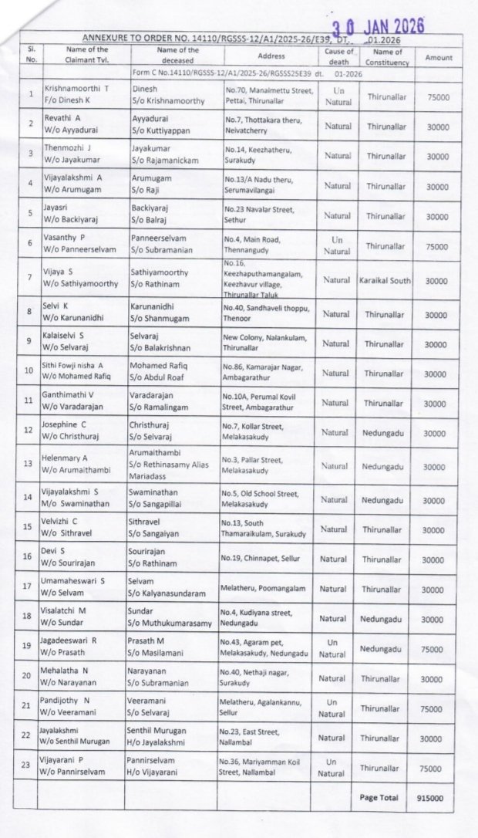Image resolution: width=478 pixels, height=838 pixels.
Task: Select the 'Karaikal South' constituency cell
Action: point(385,281)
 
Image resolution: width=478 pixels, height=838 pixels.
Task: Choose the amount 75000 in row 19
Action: point(437,649)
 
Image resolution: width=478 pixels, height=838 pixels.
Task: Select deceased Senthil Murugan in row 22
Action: point(158,732)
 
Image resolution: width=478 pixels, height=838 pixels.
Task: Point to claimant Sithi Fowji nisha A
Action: point(76,367)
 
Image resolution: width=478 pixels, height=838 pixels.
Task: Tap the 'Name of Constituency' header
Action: point(384,56)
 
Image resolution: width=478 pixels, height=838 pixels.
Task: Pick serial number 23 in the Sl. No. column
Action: point(32,767)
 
